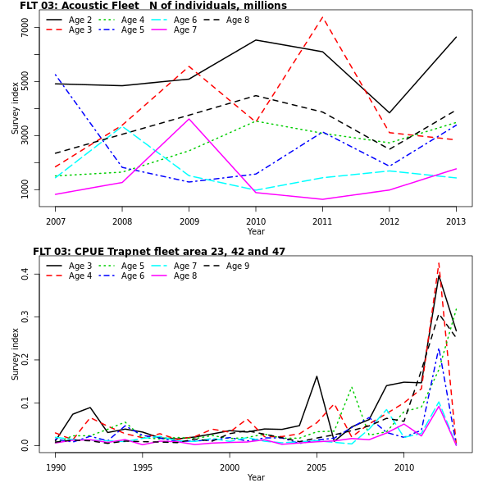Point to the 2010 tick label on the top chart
pyautogui.click(x=256, y=221)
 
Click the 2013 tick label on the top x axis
pyautogui.click(x=456, y=221)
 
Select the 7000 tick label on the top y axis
pyautogui.click(x=25, y=27)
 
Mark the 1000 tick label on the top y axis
pyautogui.click(x=25, y=189)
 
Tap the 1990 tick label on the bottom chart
pyautogui.click(x=56, y=467)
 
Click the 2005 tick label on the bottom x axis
pyautogui.click(x=317, y=467)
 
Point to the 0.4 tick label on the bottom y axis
pyautogui.click(x=25, y=274)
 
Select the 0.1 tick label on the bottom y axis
pyautogui.click(x=25, y=403)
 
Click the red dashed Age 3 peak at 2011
pyautogui.click(x=322, y=17)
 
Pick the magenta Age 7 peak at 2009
pyautogui.click(x=189, y=119)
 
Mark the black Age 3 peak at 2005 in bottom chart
pyautogui.click(x=317, y=376)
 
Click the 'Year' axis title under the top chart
pyautogui.click(x=256, y=232)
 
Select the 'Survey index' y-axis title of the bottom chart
pyautogui.click(x=15, y=353)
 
